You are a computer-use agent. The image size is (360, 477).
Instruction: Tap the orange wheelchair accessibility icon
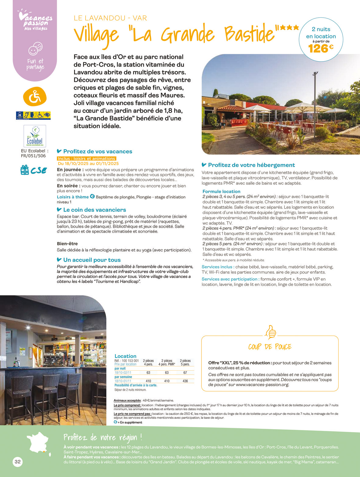[x=35, y=97]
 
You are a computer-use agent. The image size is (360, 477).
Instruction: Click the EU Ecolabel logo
[x=35, y=136]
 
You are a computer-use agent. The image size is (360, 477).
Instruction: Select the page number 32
[x=18, y=462]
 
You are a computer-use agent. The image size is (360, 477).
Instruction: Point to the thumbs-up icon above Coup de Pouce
[x=270, y=332]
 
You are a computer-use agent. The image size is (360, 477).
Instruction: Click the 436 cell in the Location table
[x=185, y=381]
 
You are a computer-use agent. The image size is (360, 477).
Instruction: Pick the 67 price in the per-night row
[x=185, y=372]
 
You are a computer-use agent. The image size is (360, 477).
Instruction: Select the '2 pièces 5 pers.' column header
[x=185, y=362]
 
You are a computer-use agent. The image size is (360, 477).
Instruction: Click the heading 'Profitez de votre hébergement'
[x=251, y=165]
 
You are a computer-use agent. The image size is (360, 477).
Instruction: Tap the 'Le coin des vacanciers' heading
[x=94, y=210]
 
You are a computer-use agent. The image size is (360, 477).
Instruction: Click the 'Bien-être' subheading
[x=67, y=244]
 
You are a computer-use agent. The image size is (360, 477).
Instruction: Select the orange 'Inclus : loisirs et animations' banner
[x=87, y=158]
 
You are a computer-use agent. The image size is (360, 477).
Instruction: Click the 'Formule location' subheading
[x=221, y=191]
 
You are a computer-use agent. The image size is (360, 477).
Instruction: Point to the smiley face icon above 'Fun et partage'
[x=35, y=48]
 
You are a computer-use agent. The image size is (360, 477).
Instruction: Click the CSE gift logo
[x=34, y=170]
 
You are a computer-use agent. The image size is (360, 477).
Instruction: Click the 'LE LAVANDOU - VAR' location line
[x=110, y=18]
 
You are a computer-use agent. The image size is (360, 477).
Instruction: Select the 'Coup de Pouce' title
[x=270, y=347]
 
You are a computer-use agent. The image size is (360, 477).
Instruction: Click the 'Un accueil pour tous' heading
[x=92, y=260]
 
